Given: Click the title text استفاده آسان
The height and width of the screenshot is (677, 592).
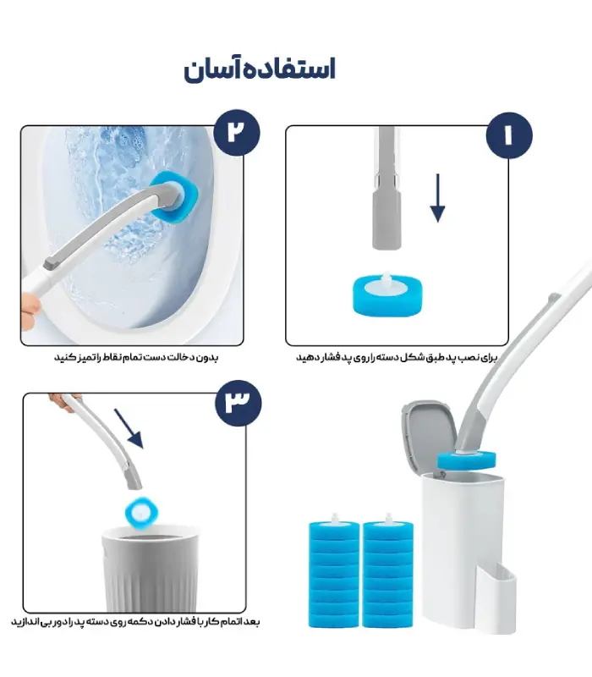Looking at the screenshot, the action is tap(260, 70).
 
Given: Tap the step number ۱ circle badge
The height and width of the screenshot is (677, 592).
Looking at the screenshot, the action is tap(509, 135).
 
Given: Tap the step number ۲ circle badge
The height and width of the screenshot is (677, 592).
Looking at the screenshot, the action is tap(237, 133).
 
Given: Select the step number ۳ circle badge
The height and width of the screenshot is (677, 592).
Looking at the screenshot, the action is tap(238, 404).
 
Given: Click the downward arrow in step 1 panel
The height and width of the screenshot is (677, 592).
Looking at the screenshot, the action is tap(437, 198).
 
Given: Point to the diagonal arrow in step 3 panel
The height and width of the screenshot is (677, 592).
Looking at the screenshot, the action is tap(129, 429).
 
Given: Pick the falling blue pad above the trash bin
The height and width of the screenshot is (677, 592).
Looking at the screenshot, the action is tap(140, 512).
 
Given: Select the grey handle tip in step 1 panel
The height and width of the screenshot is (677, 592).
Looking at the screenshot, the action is tap(386, 220).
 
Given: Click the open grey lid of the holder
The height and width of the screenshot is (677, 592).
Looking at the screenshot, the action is tap(429, 434).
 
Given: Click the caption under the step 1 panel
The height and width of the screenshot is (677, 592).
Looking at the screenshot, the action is tap(397, 358).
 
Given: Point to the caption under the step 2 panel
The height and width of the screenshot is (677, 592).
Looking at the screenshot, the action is tap(136, 357).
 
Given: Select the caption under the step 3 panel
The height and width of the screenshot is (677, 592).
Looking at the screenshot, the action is tap(135, 622).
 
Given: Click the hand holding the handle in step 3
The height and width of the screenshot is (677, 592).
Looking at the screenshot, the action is tap(65, 401).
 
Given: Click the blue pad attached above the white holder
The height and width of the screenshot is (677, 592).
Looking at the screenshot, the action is tap(467, 460).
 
